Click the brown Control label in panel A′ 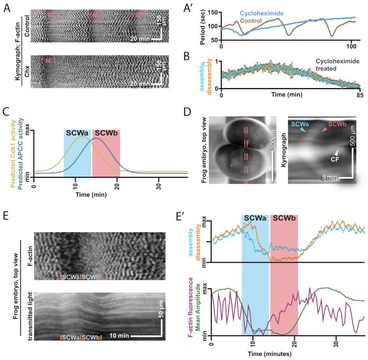point(263,22)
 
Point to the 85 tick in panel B point(359,94)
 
